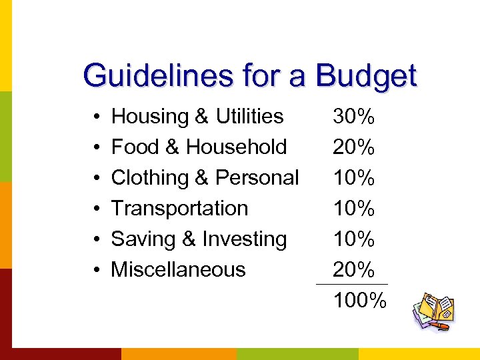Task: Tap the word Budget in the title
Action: point(366,77)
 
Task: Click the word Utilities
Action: point(250,117)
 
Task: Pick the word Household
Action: point(237,147)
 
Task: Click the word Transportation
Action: point(179,209)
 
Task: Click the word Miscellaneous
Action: point(178,270)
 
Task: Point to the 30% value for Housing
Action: point(354,117)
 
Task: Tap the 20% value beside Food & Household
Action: point(354,148)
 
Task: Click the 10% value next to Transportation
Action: point(354,209)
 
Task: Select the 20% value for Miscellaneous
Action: point(354,271)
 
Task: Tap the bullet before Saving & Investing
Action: point(97,240)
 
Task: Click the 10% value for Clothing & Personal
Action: point(354,179)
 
